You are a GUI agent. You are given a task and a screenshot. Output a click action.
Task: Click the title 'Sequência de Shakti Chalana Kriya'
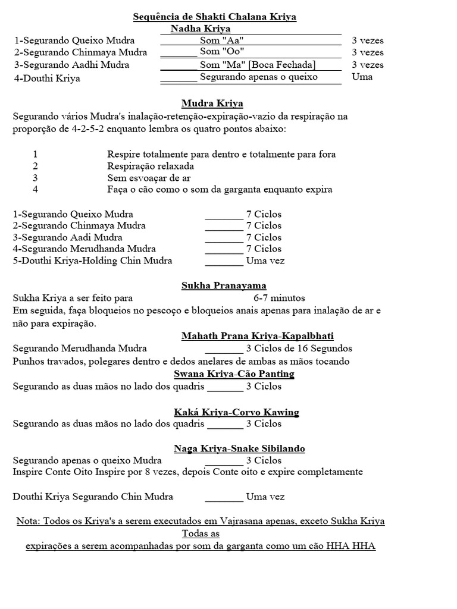[x=230, y=17]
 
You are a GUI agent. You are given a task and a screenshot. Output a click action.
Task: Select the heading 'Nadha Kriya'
[x=201, y=29]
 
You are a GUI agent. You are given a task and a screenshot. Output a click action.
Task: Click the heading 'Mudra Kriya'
[x=212, y=103]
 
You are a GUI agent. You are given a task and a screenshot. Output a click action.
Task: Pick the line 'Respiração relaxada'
[x=151, y=166]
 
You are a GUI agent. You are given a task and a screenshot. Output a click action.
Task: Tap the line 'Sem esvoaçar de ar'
[x=149, y=178]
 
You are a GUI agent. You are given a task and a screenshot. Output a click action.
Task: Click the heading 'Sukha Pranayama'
[x=224, y=286]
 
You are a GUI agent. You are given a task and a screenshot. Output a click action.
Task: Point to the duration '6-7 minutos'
[x=279, y=298]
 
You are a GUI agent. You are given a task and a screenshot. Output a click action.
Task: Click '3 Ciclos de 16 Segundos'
[x=299, y=349]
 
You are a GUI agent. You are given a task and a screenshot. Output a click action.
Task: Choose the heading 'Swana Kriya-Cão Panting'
[x=234, y=374]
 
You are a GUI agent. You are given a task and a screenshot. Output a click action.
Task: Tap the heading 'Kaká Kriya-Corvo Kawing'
[x=236, y=412]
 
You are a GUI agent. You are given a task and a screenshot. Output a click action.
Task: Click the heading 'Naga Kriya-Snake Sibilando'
[x=239, y=448]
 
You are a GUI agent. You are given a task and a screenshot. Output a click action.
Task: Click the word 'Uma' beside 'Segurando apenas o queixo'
[x=362, y=77]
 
